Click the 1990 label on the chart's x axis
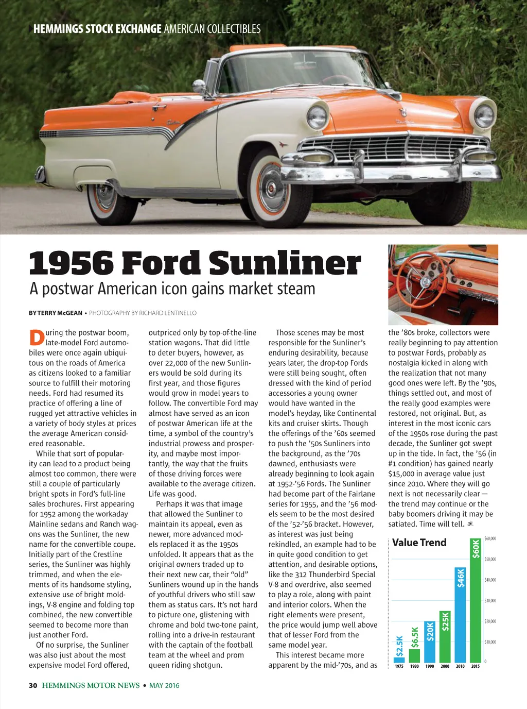coord(430,666)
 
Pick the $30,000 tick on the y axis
coord(490,601)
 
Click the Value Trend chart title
coord(419,543)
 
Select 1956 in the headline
coord(71,263)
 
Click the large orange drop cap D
coord(37,337)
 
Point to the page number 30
coord(33,685)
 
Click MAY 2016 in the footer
coord(164,685)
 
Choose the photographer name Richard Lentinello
coord(168,313)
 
